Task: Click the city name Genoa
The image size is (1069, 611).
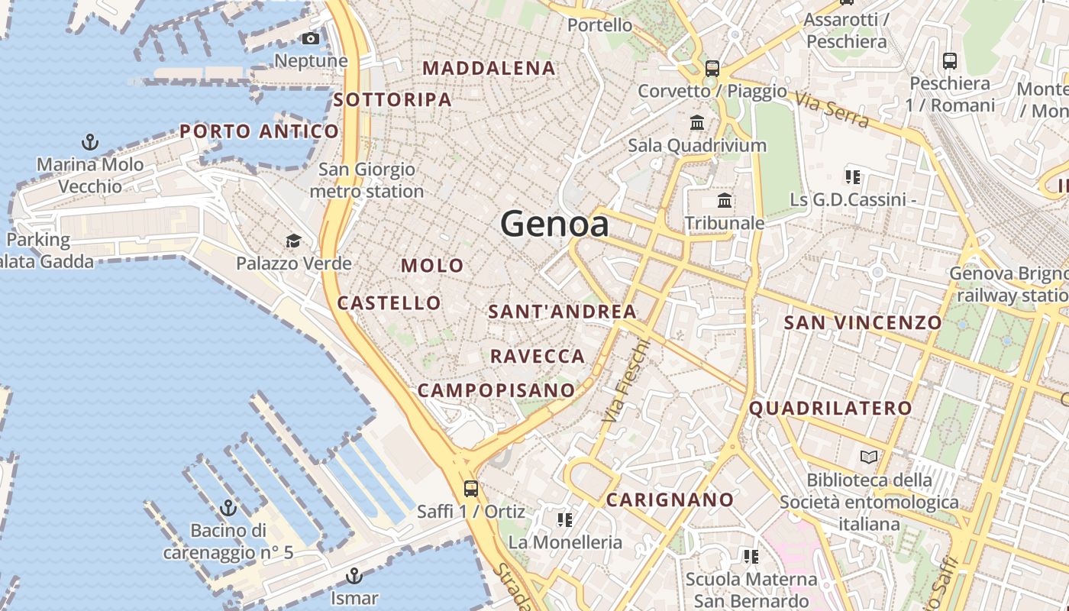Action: click(555, 225)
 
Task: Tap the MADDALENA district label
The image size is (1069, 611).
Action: click(489, 68)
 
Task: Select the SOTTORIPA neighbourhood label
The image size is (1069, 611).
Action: click(392, 99)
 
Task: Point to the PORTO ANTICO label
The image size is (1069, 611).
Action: click(259, 131)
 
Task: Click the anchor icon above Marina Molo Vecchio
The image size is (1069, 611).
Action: click(90, 142)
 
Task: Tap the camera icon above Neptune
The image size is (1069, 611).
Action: click(311, 38)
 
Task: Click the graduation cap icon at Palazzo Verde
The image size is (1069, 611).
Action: click(293, 241)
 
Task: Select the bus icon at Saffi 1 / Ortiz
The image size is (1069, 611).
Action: click(471, 488)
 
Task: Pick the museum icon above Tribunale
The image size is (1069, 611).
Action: click(725, 201)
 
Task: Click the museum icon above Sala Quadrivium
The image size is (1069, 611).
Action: click(697, 122)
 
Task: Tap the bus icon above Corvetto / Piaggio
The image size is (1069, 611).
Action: click(712, 68)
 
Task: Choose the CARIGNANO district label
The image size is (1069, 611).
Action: click(670, 499)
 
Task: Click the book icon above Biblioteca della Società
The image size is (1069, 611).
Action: click(869, 457)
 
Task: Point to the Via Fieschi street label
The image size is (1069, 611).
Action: click(625, 381)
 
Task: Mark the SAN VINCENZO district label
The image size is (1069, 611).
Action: click(863, 322)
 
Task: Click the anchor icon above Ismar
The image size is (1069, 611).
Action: click(354, 575)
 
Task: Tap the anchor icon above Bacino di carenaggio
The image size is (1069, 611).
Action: click(228, 508)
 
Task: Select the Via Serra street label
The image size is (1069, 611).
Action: click(832, 110)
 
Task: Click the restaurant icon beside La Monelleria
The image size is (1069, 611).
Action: click(565, 520)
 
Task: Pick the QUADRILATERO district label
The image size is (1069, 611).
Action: click(830, 408)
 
